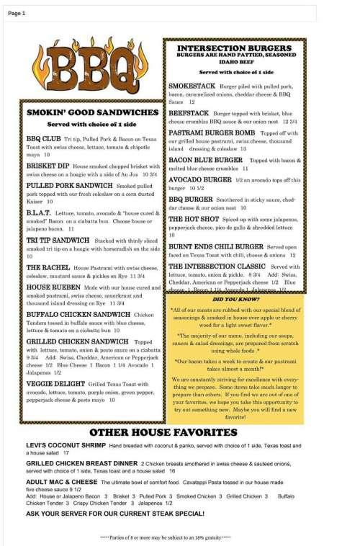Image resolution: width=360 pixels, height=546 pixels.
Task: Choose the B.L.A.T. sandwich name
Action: (40, 213)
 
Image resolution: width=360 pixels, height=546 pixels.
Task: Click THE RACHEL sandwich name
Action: (47, 266)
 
